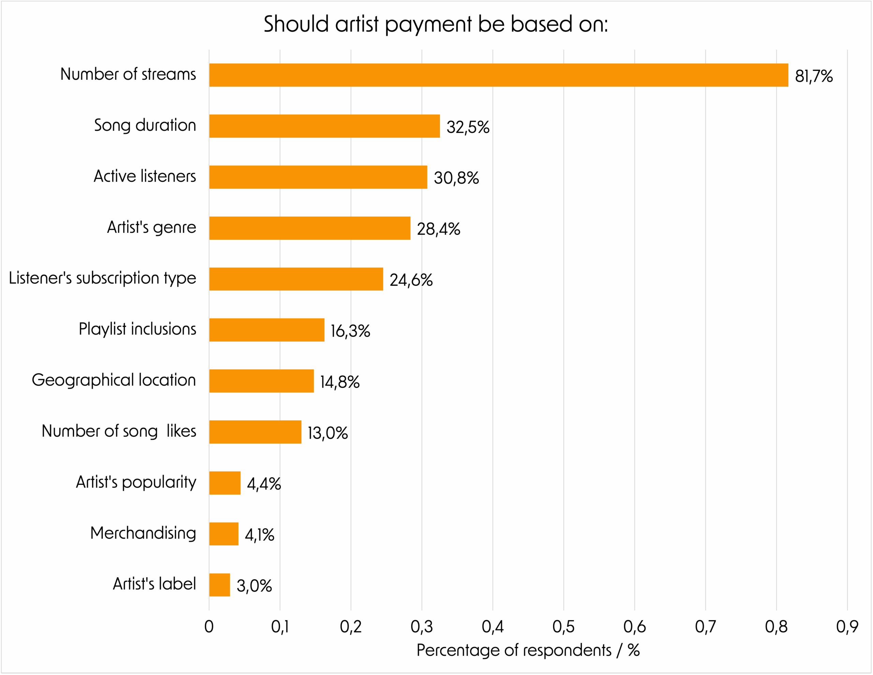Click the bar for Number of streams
(499, 75)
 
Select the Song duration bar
(324, 126)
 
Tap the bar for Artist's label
(220, 585)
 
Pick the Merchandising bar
(223, 534)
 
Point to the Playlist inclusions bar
(267, 330)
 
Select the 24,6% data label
(411, 280)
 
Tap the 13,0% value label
(327, 433)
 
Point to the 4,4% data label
(264, 484)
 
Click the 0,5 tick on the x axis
(563, 627)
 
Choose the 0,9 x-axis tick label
(847, 627)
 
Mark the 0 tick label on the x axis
(209, 627)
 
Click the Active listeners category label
(145, 176)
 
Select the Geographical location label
(114, 380)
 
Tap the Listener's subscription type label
(102, 278)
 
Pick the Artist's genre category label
(151, 227)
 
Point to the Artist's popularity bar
(225, 483)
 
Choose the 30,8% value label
(456, 178)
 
